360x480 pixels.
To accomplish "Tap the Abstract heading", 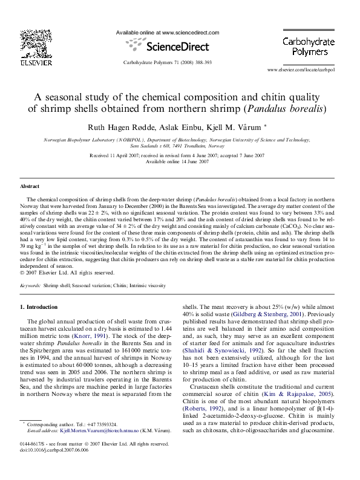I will pyautogui.click(x=30, y=187).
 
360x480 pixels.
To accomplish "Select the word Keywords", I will pyautogui.click(x=30, y=284).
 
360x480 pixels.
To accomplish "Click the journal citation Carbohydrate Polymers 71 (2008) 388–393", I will pyautogui.click(x=167, y=62).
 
